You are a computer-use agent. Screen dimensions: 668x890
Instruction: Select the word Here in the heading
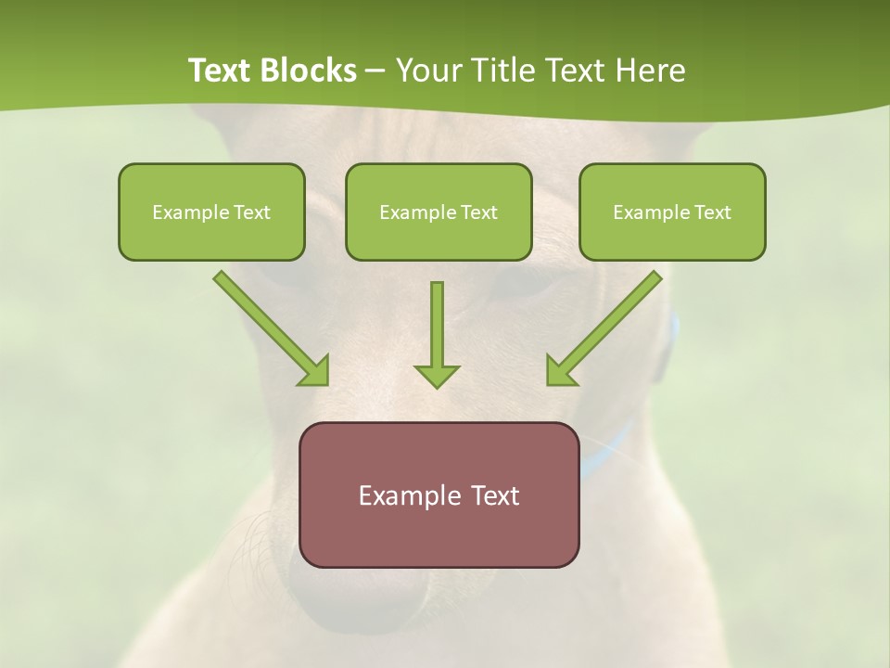[x=648, y=71]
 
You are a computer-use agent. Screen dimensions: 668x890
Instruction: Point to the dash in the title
[x=375, y=71]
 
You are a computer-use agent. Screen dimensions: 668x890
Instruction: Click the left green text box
[x=211, y=212]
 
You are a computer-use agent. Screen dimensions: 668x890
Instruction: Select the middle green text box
[x=439, y=212]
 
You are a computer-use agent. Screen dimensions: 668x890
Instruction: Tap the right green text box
[x=672, y=212]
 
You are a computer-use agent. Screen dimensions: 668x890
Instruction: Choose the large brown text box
[x=439, y=495]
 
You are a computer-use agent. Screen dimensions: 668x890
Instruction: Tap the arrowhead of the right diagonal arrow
[x=560, y=372]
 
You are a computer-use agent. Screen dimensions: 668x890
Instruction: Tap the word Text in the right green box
[x=713, y=212]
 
